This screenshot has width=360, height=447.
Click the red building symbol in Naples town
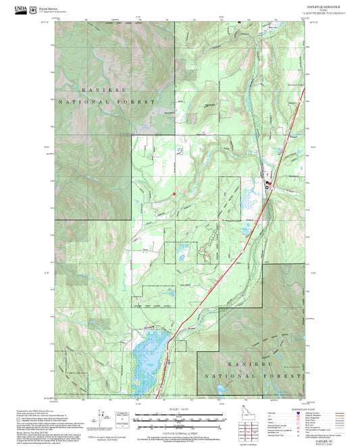coord(267,183)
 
